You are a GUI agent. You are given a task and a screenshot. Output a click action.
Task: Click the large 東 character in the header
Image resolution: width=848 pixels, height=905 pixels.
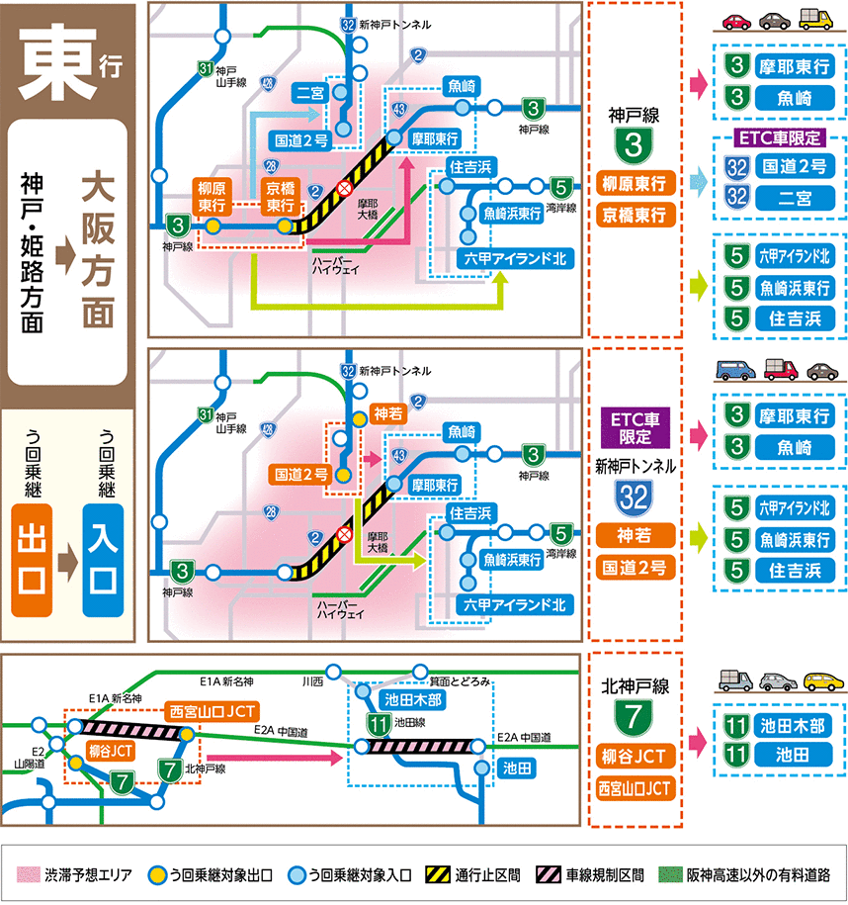pyautogui.click(x=54, y=55)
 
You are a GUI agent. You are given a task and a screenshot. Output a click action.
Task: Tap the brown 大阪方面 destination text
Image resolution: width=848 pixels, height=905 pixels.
pyautogui.click(x=98, y=252)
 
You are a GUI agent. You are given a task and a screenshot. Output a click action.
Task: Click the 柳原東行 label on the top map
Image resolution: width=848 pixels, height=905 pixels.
pyautogui.click(x=212, y=196)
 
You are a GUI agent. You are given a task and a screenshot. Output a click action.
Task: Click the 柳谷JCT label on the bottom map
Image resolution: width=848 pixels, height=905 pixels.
pyautogui.click(x=112, y=749)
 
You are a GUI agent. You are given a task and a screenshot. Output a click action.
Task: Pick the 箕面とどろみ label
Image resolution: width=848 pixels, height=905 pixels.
pyautogui.click(x=460, y=681)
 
